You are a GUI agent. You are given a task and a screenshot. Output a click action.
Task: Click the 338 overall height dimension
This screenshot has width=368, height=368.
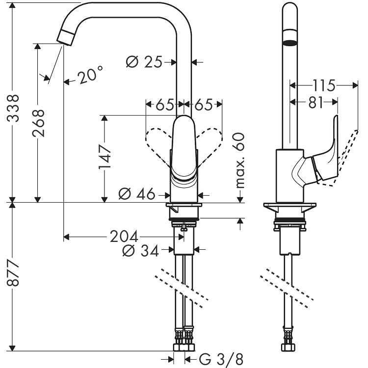pos(12,108)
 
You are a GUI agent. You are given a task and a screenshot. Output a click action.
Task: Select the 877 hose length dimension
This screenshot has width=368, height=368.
pos(12,273)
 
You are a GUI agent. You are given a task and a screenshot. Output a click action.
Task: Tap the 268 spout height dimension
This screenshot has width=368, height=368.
pos(38,123)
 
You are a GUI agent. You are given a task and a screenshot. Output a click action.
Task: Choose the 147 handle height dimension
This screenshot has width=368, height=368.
pos(105,157)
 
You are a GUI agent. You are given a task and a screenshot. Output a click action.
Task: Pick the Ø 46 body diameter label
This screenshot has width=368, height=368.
pos(137,194)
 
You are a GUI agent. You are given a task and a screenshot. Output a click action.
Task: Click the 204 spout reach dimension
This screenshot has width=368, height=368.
pos(124,237)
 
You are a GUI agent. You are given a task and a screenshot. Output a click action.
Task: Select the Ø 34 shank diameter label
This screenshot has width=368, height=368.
pos(141,251)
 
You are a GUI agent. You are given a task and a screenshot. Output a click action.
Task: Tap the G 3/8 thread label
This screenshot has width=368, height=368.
pos(221,359)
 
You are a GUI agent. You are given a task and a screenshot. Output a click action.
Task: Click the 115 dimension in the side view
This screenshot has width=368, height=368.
pos(324,85)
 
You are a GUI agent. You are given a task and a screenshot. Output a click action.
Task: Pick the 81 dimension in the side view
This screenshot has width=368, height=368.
pos(315,103)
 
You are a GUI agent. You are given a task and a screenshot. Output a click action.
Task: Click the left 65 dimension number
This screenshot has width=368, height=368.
pos(165,105)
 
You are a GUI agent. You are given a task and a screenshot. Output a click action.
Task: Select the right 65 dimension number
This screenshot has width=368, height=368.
pos(203,105)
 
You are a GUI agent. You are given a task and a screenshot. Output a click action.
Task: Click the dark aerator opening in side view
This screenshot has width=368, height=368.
pos(290,43)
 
